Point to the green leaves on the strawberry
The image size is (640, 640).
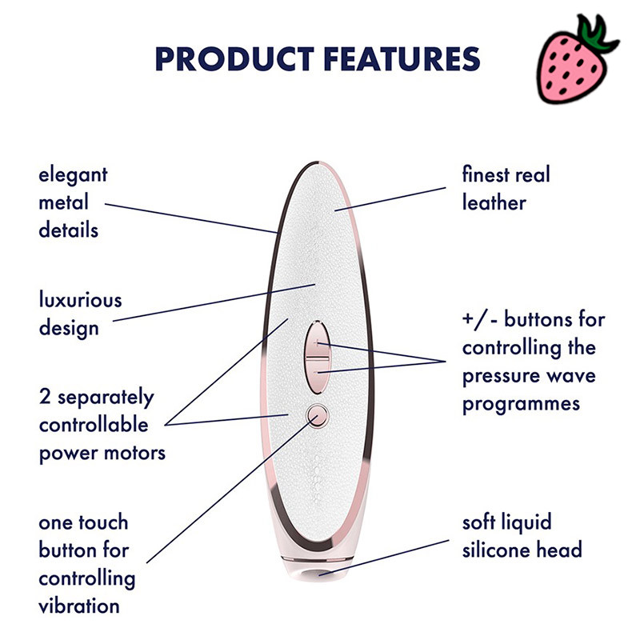598,35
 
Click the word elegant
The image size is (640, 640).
73,174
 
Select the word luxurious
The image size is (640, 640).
80,300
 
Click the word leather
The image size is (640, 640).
494,202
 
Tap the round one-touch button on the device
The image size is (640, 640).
318,414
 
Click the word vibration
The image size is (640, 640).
79,606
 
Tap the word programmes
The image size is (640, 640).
521,402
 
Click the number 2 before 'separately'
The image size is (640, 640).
45,397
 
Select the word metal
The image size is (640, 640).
64,202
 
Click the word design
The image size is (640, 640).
69,327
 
